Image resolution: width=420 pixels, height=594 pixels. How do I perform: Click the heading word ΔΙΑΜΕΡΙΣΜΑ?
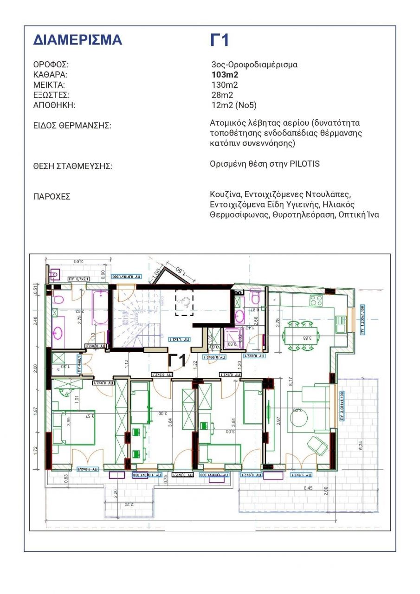point(78,40)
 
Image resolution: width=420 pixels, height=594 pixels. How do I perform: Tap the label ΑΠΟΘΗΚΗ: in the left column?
point(54,105)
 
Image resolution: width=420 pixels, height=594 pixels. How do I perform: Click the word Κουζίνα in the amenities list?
point(225,194)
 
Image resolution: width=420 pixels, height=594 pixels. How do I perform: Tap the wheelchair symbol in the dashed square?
point(184,303)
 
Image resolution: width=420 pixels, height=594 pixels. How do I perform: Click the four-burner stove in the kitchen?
point(317,300)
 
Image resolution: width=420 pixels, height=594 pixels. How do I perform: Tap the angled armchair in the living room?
point(317,445)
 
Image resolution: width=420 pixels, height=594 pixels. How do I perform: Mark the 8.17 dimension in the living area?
point(291,382)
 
